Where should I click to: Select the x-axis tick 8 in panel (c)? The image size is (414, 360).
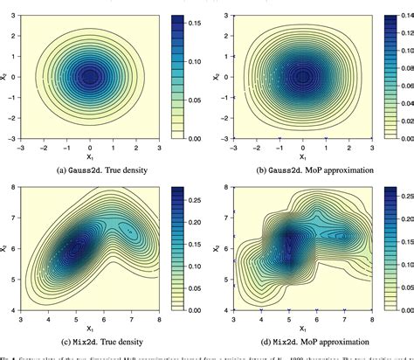click(162, 329)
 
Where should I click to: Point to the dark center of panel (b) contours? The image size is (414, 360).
click(302, 77)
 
